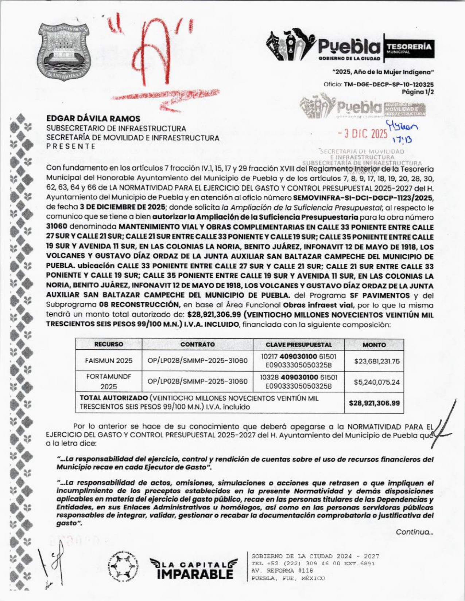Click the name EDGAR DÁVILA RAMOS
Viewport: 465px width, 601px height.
(x=93, y=119)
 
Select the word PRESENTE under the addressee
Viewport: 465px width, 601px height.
(x=71, y=147)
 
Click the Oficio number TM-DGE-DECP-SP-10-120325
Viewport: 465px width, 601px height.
(x=389, y=84)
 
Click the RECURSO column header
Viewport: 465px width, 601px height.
(x=109, y=345)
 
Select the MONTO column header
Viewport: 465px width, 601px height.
(x=374, y=345)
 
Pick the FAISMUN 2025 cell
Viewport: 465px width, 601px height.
(x=109, y=361)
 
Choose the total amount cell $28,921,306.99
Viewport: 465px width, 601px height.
(x=374, y=403)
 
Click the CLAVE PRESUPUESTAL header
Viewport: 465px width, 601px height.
(x=299, y=345)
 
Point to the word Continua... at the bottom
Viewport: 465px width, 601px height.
(x=414, y=532)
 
